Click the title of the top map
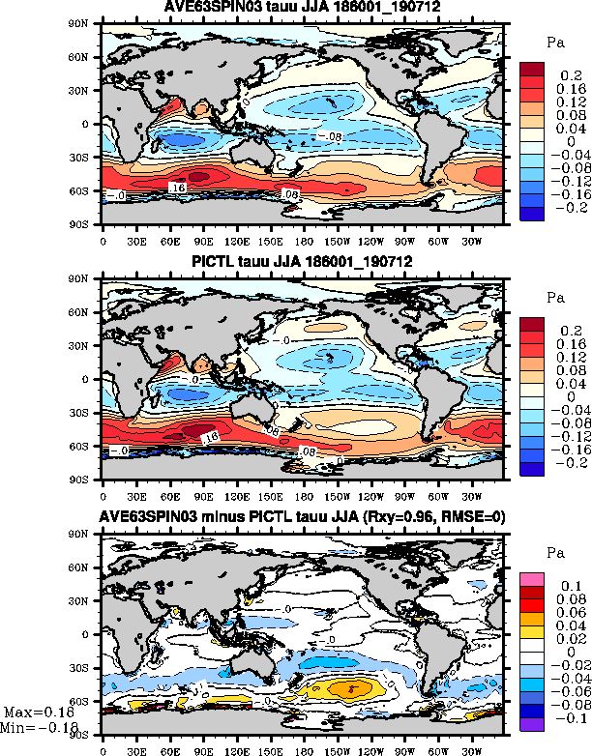click(302, 10)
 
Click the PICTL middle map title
click(302, 266)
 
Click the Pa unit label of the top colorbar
click(554, 43)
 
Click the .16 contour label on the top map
click(176, 186)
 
